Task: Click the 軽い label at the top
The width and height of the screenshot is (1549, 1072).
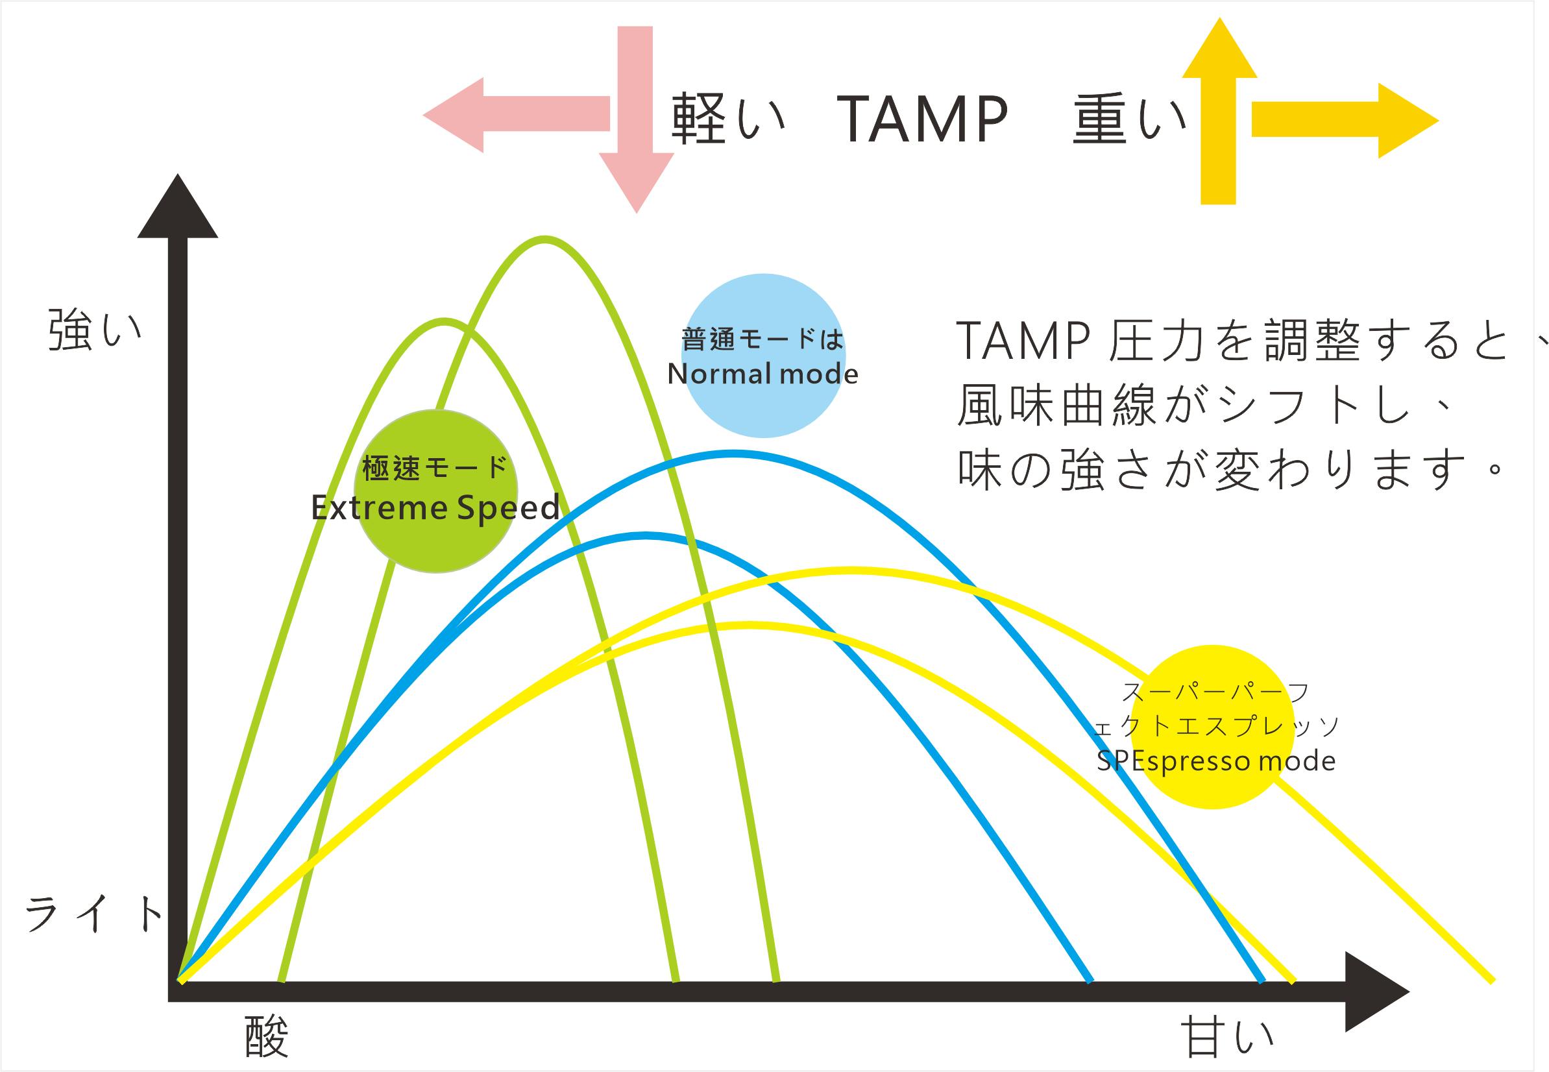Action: click(x=727, y=119)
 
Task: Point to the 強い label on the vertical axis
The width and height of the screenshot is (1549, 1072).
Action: click(x=95, y=330)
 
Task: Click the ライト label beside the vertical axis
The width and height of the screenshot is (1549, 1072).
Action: click(x=94, y=915)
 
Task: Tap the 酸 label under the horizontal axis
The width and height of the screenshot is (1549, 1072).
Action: click(x=267, y=1034)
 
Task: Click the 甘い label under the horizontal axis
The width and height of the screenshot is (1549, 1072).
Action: click(x=1226, y=1037)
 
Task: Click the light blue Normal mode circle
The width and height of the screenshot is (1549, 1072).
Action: click(x=763, y=356)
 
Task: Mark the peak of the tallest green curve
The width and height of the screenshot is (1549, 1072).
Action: click(x=544, y=238)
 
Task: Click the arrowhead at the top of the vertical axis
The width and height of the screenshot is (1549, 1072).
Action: click(x=177, y=208)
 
